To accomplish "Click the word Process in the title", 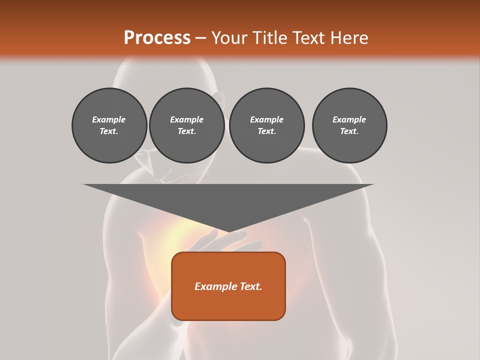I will pyautogui.click(x=157, y=38).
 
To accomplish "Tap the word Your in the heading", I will pyautogui.click(x=228, y=38).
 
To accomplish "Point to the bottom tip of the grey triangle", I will pyautogui.click(x=228, y=232).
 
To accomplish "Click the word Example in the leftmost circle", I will pyautogui.click(x=109, y=119).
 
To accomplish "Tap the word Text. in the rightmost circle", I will pyautogui.click(x=349, y=131).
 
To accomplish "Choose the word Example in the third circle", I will pyautogui.click(x=266, y=119).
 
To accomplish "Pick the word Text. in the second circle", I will pyautogui.click(x=186, y=131).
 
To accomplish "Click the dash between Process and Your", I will pyautogui.click(x=200, y=38).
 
